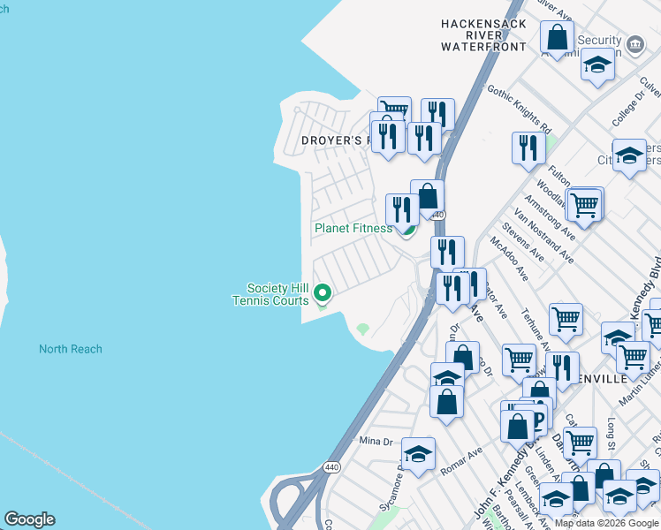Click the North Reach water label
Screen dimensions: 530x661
(70, 349)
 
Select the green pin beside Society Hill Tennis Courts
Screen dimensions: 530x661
(323, 292)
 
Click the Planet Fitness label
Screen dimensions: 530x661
(353, 228)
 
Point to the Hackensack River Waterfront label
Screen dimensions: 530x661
(483, 35)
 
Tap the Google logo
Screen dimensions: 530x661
(29, 519)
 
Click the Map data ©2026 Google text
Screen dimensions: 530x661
(606, 523)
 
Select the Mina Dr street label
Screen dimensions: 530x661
(376, 441)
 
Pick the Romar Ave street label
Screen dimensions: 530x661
(461, 462)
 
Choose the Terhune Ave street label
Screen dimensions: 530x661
(536, 333)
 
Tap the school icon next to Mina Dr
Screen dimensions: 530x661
(418, 454)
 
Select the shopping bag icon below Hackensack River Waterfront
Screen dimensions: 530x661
(557, 38)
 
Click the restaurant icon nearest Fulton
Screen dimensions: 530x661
(528, 148)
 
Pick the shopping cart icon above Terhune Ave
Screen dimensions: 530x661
(566, 319)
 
